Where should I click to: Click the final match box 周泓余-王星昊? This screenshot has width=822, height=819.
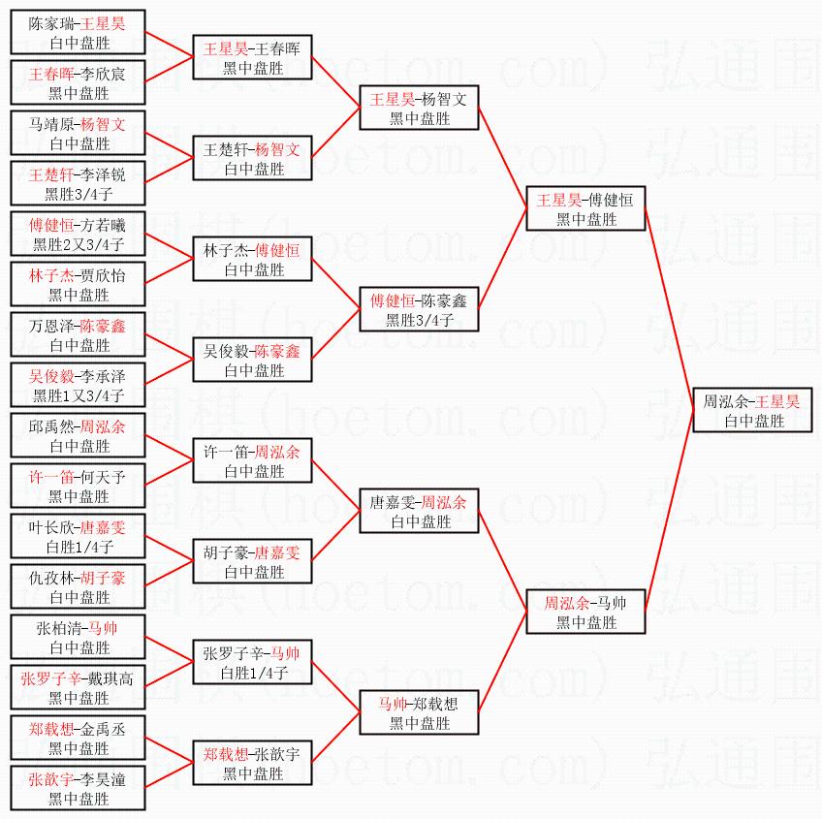[x=752, y=410]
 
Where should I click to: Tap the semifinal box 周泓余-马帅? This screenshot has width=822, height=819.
[x=585, y=612]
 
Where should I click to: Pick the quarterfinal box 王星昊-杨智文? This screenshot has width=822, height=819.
[x=420, y=108]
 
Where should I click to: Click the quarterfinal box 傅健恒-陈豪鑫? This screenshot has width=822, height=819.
[x=420, y=309]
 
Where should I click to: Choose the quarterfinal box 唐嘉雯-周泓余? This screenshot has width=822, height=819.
[x=420, y=511]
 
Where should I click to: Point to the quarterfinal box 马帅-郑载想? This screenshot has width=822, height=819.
[x=420, y=712]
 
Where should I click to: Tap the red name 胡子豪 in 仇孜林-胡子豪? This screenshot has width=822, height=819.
[x=103, y=577]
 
